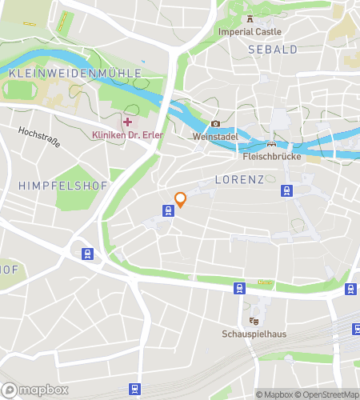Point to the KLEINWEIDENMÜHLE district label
click(x=74, y=73)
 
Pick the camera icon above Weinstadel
click(x=214, y=124)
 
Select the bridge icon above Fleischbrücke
click(x=271, y=145)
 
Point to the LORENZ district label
click(x=238, y=180)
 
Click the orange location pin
click(x=180, y=199)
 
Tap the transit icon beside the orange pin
click(x=168, y=210)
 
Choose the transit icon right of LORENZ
click(x=286, y=190)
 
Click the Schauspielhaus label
click(x=254, y=334)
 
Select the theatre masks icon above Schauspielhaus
click(x=254, y=321)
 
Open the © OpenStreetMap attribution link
click(x=328, y=394)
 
